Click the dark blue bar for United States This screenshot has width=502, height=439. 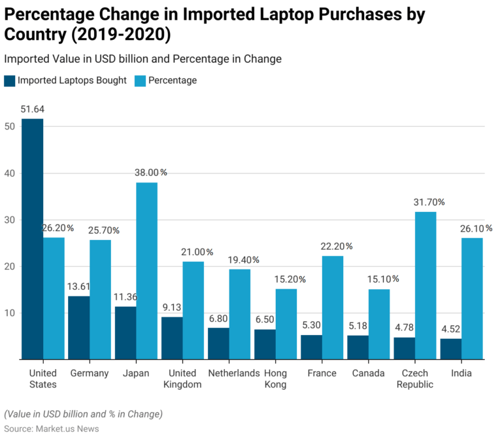click(32, 239)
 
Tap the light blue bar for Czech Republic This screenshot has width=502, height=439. click(425, 285)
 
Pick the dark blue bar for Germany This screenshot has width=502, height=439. click(78, 327)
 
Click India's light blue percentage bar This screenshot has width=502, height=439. click(471, 298)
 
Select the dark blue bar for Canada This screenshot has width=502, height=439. click(358, 347)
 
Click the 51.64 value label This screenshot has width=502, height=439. click(32, 109)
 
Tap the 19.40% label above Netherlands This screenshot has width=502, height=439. click(243, 260)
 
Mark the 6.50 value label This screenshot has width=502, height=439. click(264, 320)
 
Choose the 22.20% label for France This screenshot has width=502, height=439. click(336, 246)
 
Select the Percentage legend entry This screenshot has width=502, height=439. click(172, 80)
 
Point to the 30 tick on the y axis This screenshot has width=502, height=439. click(10, 220)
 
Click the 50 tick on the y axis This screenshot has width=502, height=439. click(10, 127)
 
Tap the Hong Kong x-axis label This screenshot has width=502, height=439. click(275, 379)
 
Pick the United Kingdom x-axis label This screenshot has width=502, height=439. click(182, 379)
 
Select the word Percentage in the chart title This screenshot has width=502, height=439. click(56, 14)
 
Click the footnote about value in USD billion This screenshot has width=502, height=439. click(83, 413)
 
